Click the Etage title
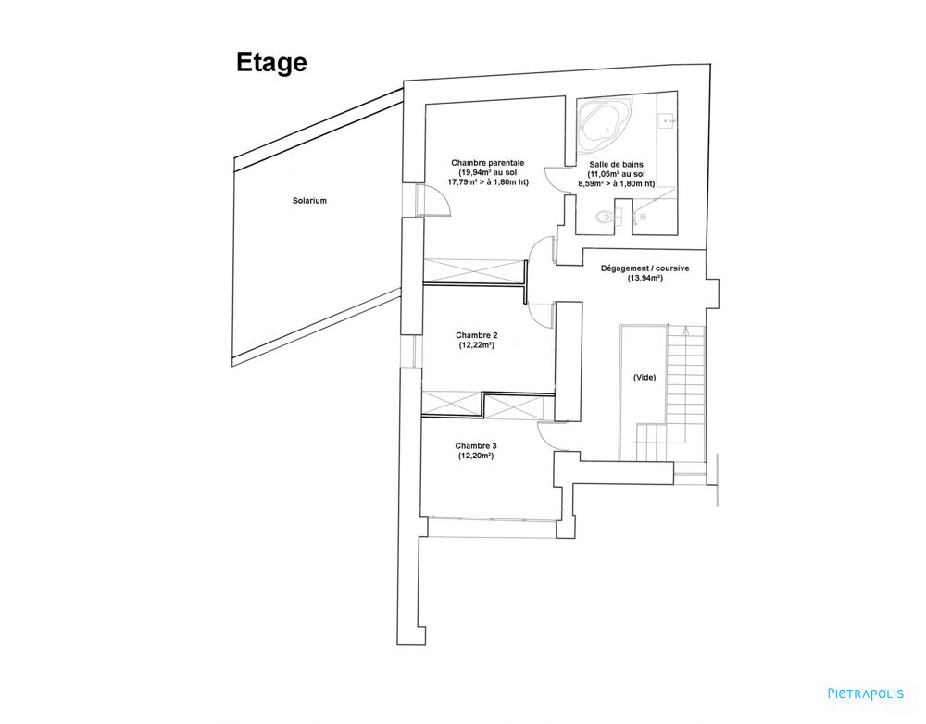[x=271, y=63]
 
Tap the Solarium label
[x=309, y=200]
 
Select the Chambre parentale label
[x=488, y=163]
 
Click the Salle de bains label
[x=616, y=165]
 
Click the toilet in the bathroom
[x=604, y=217]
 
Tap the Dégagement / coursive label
[x=644, y=268]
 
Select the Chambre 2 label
[x=476, y=335]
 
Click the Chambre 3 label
[x=476, y=446]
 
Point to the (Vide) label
[x=644, y=378]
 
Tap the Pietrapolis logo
[x=866, y=693]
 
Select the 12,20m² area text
[x=476, y=456]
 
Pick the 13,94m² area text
[x=644, y=278]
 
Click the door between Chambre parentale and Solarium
[x=433, y=200]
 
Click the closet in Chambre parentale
[x=472, y=272]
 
